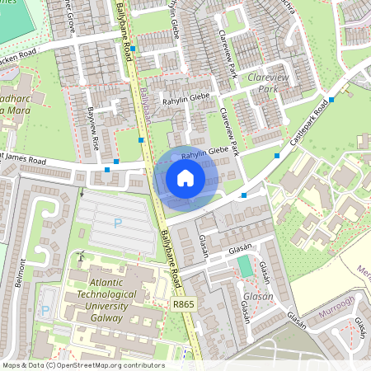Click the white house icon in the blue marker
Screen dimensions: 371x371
point(185,178)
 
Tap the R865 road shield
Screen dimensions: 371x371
point(184,304)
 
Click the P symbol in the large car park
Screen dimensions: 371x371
point(117,223)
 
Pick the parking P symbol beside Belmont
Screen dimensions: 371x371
point(45,311)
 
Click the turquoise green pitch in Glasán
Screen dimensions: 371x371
point(245,266)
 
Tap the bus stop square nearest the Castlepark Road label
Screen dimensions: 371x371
point(331,100)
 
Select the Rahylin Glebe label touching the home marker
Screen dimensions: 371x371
point(204,153)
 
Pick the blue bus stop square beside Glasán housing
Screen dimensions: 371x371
point(244,195)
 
